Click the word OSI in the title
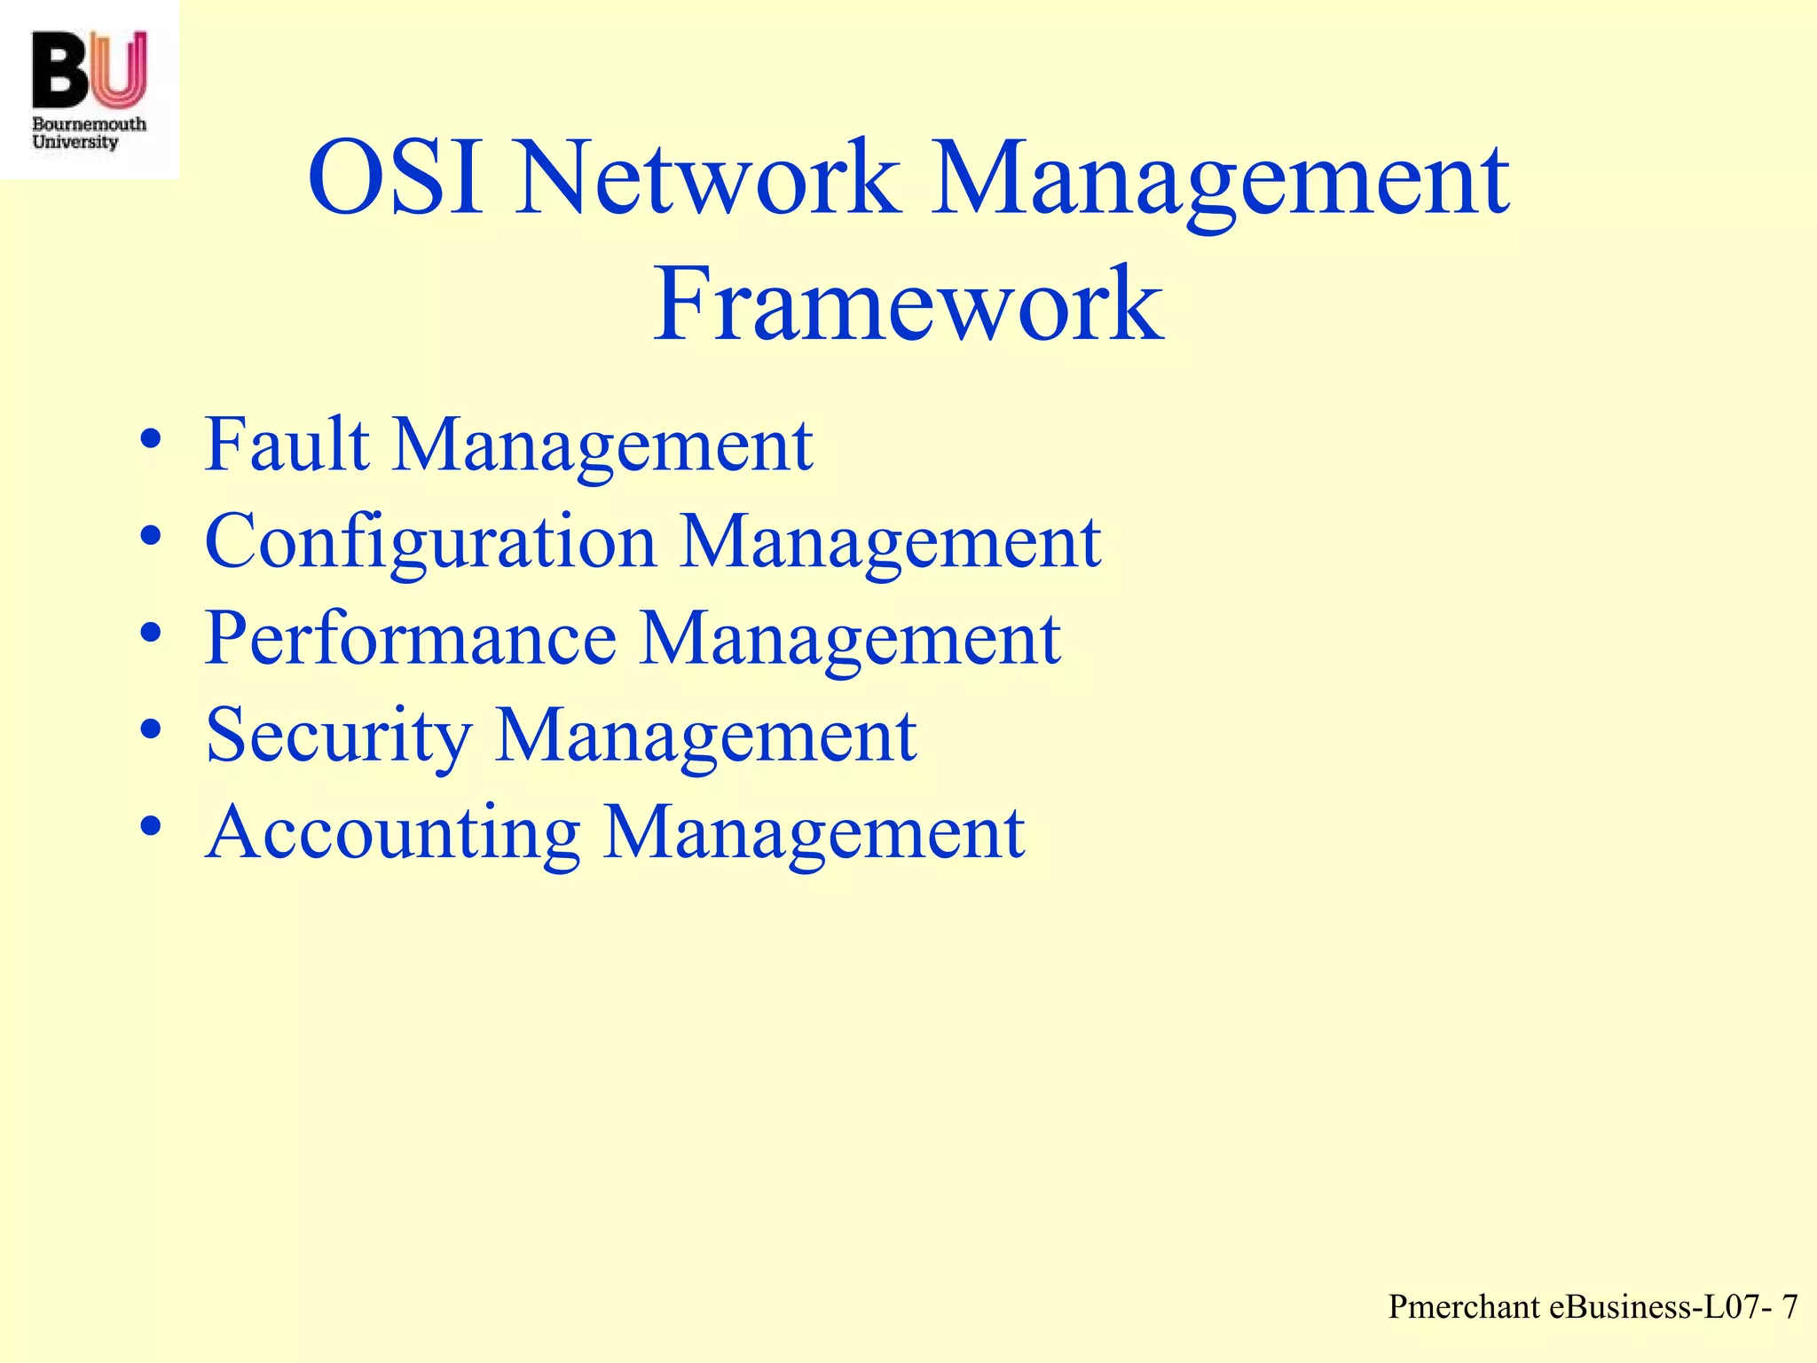pyautogui.click(x=396, y=179)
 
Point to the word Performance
pyautogui.click(x=411, y=638)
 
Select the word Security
pyautogui.click(x=338, y=736)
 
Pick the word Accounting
pyautogui.click(x=392, y=832)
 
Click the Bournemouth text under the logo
pyautogui.click(x=89, y=124)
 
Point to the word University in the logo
pyautogui.click(x=75, y=142)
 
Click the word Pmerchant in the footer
pyautogui.click(x=1465, y=1307)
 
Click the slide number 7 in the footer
pyautogui.click(x=1789, y=1307)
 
